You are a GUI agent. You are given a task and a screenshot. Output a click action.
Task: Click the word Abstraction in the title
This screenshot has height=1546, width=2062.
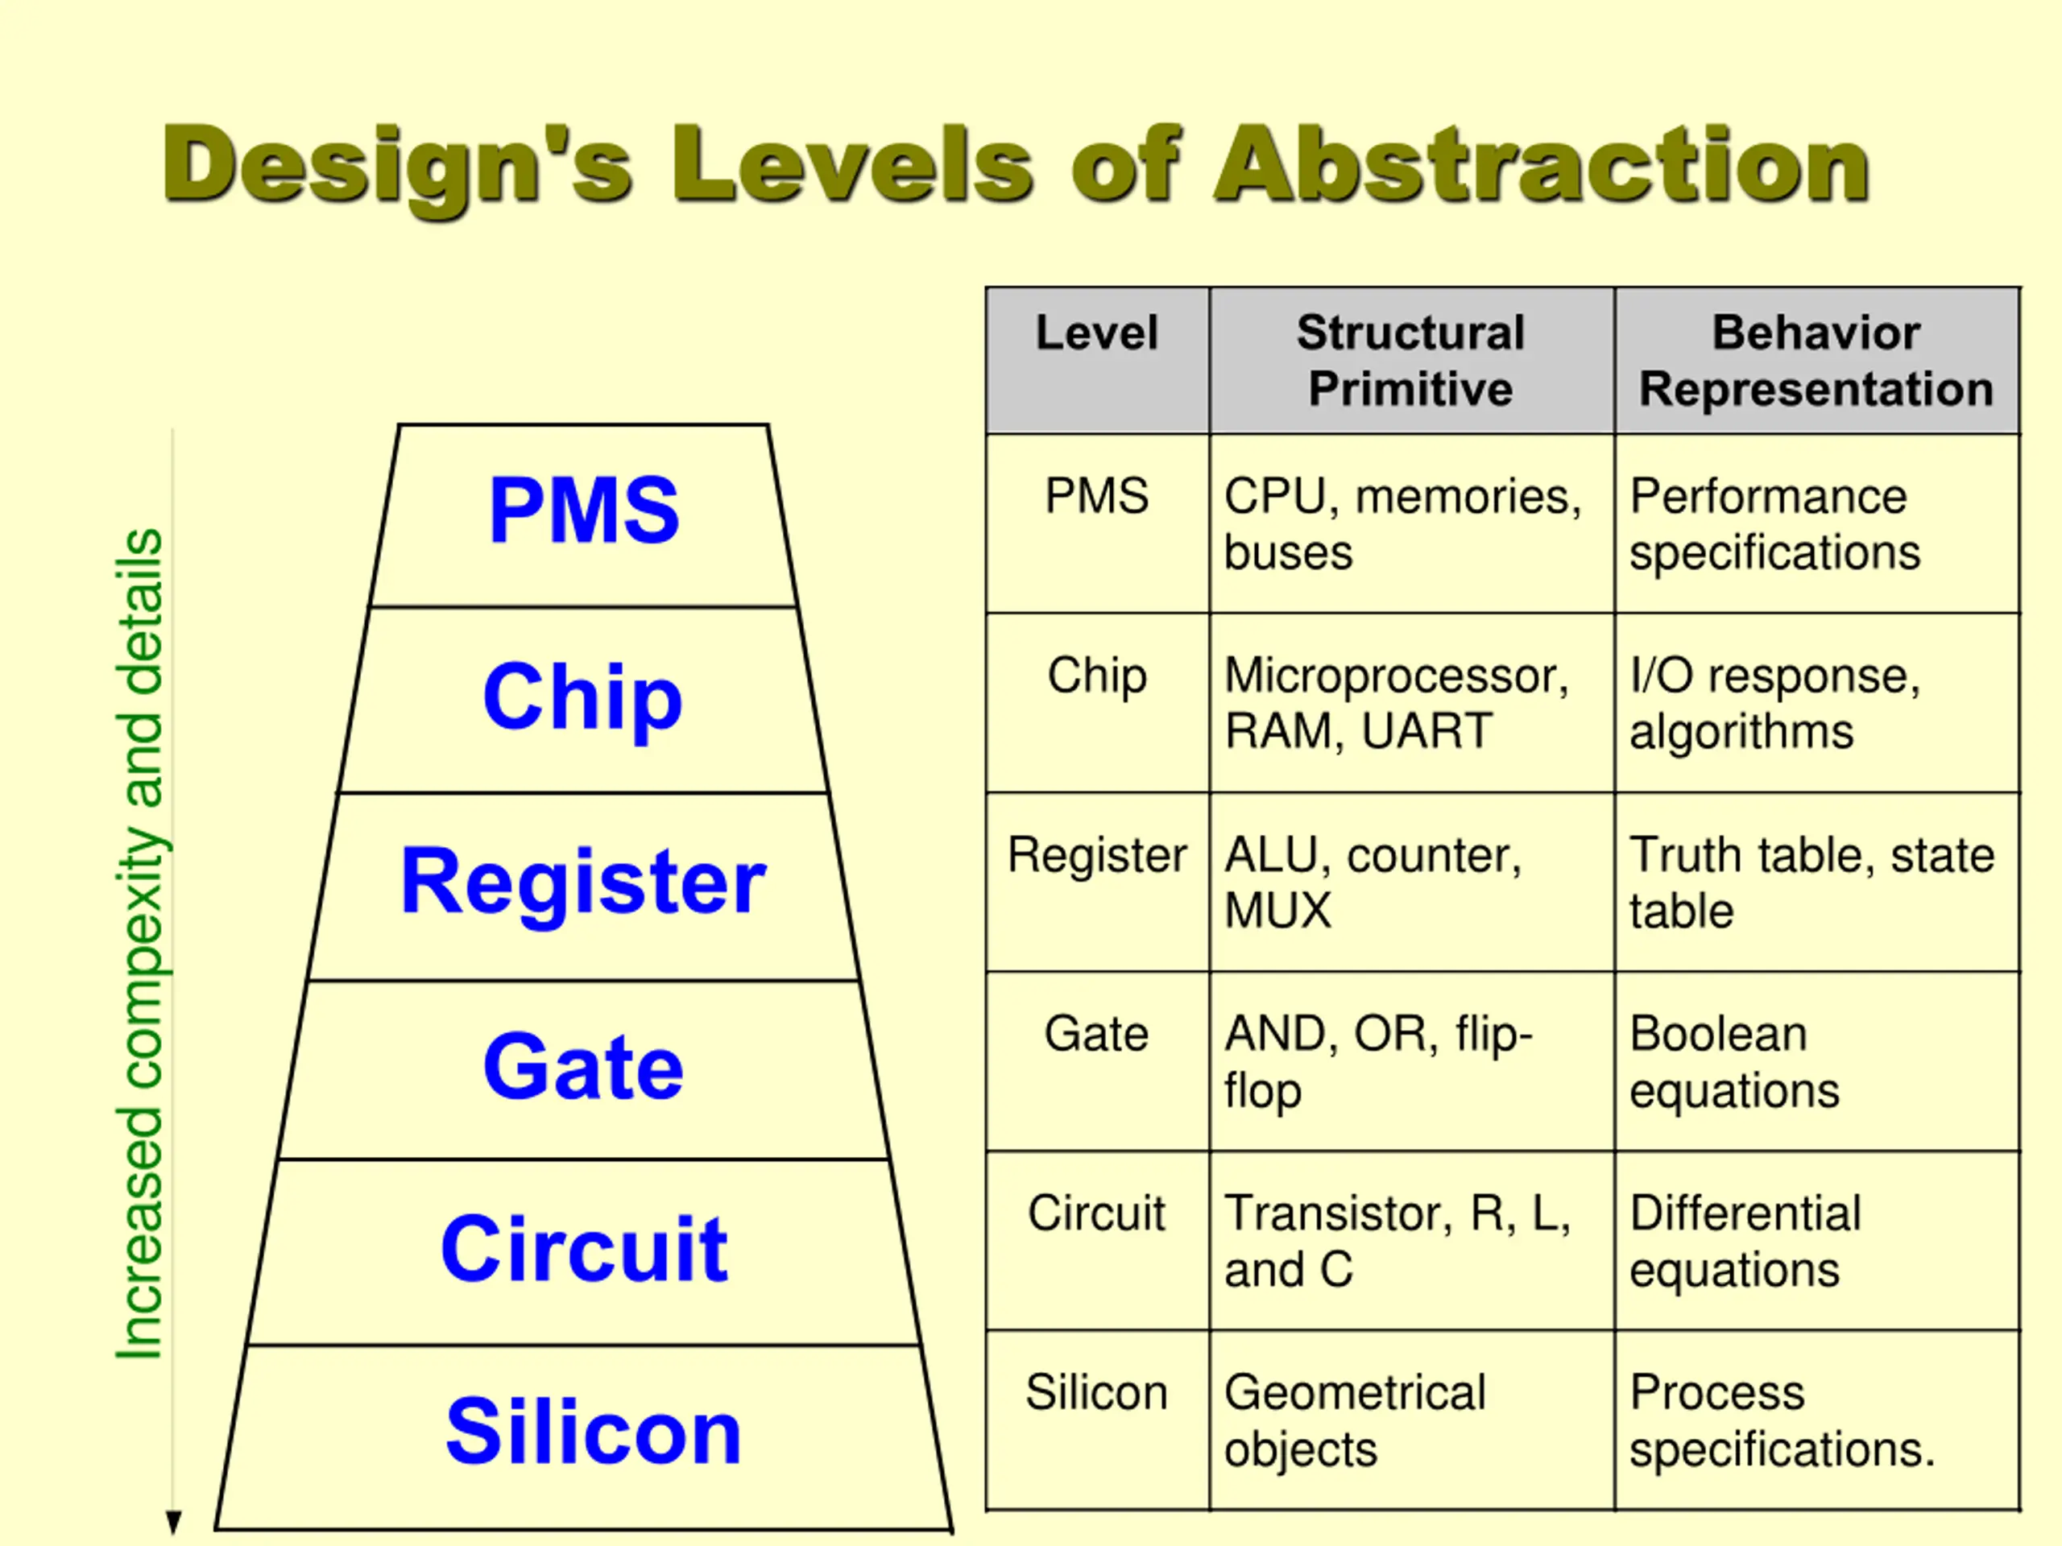(x=1542, y=165)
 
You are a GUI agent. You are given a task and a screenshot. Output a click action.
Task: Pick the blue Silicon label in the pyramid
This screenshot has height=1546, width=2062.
(x=593, y=1432)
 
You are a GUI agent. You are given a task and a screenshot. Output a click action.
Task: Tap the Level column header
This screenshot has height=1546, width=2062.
(x=1096, y=333)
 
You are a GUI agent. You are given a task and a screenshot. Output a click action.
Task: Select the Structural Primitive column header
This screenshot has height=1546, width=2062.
(x=1410, y=360)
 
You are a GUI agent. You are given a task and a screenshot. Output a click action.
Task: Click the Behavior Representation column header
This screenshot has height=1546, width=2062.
(x=1816, y=360)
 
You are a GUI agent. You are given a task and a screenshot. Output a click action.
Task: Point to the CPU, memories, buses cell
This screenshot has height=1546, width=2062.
(x=1402, y=523)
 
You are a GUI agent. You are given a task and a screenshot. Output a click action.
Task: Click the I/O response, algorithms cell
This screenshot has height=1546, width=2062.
(x=1775, y=703)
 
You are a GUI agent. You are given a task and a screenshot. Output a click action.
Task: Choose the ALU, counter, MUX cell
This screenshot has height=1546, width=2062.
(x=1373, y=882)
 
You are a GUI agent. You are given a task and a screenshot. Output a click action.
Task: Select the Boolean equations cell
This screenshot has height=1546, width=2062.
(x=1734, y=1061)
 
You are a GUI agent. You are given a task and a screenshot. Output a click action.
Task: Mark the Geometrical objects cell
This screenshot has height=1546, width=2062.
(x=1355, y=1420)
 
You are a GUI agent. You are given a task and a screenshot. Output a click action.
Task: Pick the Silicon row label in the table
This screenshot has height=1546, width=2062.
(x=1096, y=1392)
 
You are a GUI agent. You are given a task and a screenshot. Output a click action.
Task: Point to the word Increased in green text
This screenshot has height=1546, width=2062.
(x=140, y=1233)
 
